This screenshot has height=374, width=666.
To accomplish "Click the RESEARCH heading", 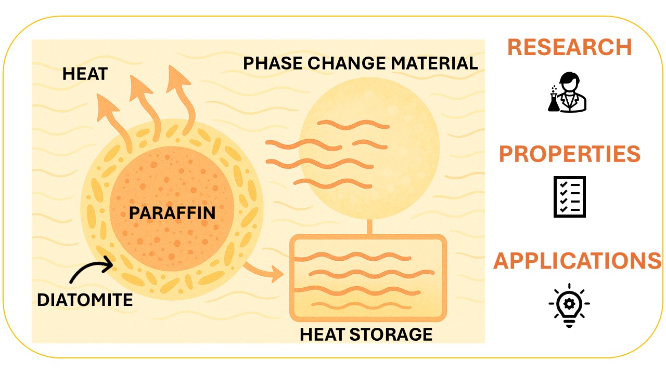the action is pyautogui.click(x=569, y=47).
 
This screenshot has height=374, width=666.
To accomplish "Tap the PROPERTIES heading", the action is pyautogui.click(x=570, y=154).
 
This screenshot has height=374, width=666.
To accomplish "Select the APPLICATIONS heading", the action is pyautogui.click(x=573, y=261).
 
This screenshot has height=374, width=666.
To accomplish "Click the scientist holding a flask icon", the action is pyautogui.click(x=567, y=92).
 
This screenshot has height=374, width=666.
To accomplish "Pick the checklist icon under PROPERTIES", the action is pyautogui.click(x=569, y=196).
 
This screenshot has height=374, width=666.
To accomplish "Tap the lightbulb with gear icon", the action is pyautogui.click(x=569, y=305).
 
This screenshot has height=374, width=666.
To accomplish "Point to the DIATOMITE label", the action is pyautogui.click(x=85, y=300).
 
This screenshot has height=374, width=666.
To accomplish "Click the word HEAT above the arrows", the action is pyautogui.click(x=84, y=74).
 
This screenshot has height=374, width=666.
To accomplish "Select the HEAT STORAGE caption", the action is pyautogui.click(x=366, y=334).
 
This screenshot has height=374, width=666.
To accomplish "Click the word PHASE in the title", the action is pyautogui.click(x=272, y=63).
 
